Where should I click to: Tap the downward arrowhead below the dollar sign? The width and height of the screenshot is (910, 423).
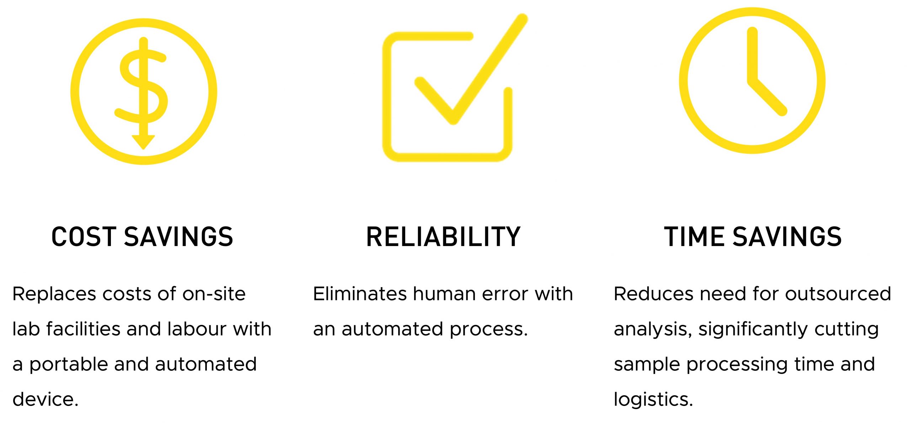coord(143,142)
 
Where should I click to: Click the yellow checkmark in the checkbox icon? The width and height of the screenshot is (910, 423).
coord(471,69)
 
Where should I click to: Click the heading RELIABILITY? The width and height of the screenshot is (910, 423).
coord(443,237)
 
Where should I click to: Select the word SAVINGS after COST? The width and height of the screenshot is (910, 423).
coord(178,237)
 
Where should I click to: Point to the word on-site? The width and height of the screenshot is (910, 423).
coord(214,294)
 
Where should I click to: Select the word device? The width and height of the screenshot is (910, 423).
coord(45,399)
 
